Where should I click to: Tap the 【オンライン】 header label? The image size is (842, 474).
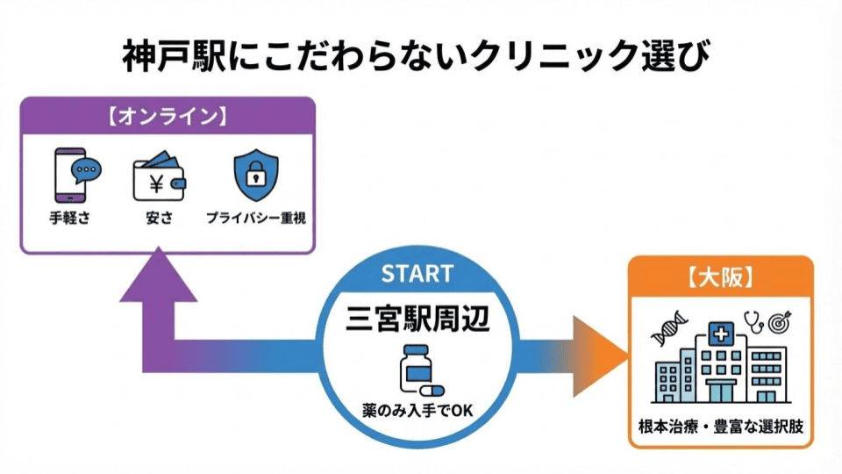pyautogui.click(x=168, y=115)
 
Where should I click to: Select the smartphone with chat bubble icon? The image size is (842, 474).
pyautogui.click(x=75, y=176)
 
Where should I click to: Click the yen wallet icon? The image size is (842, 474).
pyautogui.click(x=160, y=177)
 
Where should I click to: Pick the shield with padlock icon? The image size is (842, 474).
pyautogui.click(x=255, y=176)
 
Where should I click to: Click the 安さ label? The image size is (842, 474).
pyautogui.click(x=160, y=217)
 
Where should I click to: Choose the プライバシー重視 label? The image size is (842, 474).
pyautogui.click(x=255, y=217)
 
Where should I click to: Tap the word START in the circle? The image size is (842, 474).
pyautogui.click(x=417, y=273)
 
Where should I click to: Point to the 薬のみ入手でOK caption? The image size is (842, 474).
pyautogui.click(x=417, y=409)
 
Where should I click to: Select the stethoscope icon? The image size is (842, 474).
pyautogui.click(x=752, y=323)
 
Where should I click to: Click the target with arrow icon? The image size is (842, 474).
pyautogui.click(x=779, y=323)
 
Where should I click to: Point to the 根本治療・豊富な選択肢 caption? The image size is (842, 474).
pyautogui.click(x=720, y=429)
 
